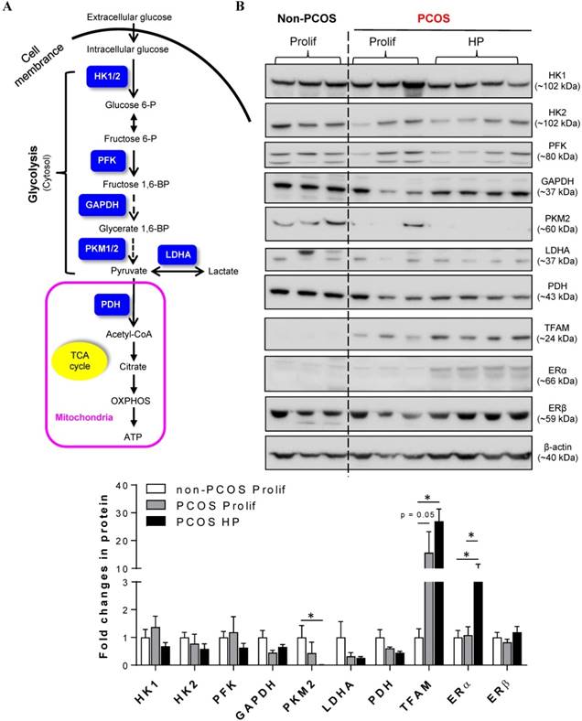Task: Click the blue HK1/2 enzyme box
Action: [106, 79]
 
